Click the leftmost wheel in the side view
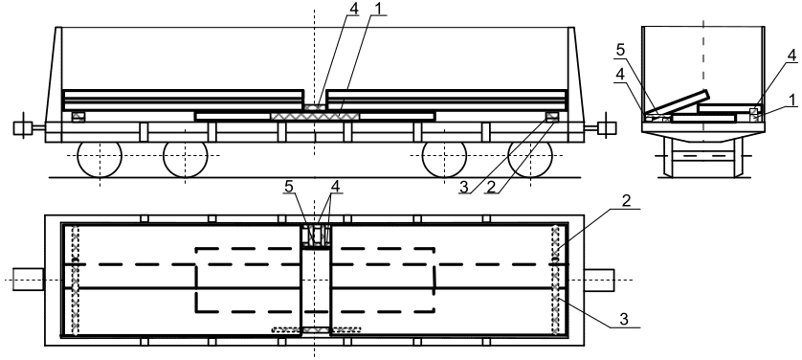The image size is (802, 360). tap(100, 159)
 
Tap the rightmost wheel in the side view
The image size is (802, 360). tap(530, 159)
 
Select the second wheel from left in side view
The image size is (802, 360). tap(185, 159)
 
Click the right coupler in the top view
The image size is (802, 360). tap(599, 280)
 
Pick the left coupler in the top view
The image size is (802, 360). tap(29, 280)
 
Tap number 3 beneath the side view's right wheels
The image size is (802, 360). tap(463, 187)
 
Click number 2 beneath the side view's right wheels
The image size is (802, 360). tap(491, 187)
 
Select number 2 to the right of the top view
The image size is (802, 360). tap(626, 201)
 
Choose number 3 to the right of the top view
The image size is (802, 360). tap(623, 319)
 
